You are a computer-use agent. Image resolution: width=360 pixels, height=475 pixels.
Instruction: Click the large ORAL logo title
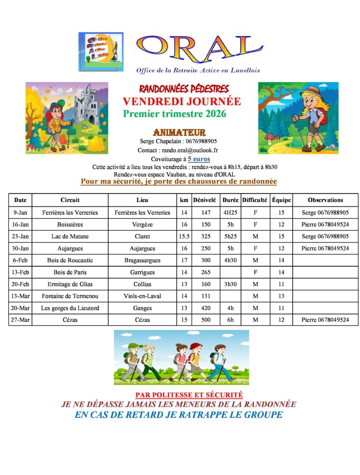click(x=199, y=48)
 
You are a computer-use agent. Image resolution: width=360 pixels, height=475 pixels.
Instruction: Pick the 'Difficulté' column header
click(x=255, y=200)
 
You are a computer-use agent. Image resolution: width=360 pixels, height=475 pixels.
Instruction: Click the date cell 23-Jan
click(x=20, y=236)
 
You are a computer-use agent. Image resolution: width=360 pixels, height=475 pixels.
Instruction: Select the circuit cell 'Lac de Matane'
click(x=70, y=236)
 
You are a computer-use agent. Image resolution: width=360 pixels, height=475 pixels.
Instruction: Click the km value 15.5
click(x=184, y=236)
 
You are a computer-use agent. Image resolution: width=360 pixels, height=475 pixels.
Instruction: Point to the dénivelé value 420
click(x=206, y=308)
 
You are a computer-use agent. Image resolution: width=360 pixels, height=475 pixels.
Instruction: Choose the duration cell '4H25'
click(x=229, y=212)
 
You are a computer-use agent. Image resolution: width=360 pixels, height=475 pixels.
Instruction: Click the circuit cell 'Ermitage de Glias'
click(x=70, y=284)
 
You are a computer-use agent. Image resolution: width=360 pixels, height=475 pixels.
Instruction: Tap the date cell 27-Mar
click(x=20, y=320)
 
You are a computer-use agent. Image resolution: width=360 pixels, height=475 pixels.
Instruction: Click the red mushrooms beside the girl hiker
click(x=270, y=138)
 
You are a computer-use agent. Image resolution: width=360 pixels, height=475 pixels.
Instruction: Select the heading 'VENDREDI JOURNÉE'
click(x=182, y=102)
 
